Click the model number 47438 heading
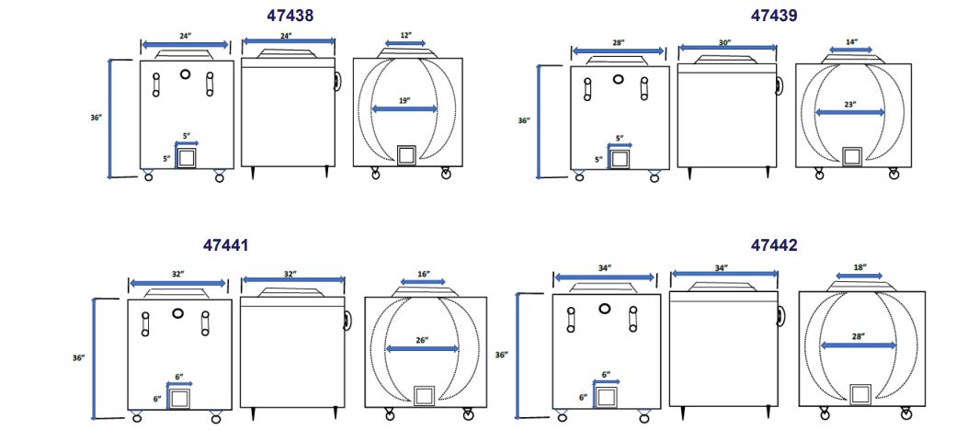[290, 16]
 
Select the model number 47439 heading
[774, 16]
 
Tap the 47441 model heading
[225, 244]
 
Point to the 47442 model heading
[774, 244]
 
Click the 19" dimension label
[404, 101]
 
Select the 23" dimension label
[850, 104]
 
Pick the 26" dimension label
[422, 340]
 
